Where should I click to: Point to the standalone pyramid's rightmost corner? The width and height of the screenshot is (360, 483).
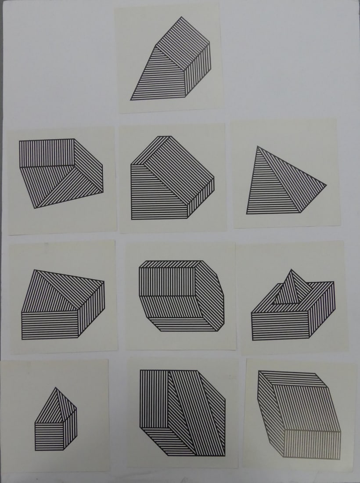[326, 185]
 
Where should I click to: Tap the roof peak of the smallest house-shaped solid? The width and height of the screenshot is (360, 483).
[55, 388]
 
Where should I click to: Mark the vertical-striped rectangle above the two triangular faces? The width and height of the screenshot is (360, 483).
[46, 153]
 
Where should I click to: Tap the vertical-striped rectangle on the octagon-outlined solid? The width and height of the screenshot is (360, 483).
[166, 281]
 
